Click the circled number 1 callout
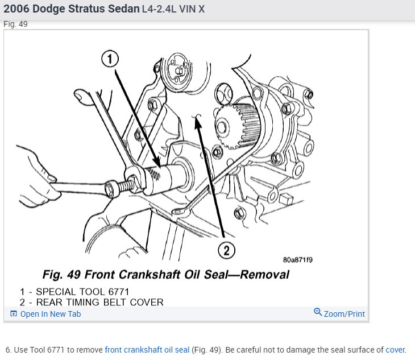click(110, 59)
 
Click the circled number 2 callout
click(227, 250)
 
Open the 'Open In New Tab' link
click(51, 314)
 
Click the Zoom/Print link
click(345, 314)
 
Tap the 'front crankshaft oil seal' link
click(147, 350)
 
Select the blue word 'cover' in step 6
click(395, 350)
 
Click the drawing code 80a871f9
click(298, 260)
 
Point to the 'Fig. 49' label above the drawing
click(15, 24)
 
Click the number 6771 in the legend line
click(119, 292)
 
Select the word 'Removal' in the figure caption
click(265, 275)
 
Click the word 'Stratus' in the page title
click(86, 9)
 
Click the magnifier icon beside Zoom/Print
click(318, 312)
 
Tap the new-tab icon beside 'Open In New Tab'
click(14, 314)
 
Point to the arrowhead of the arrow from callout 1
click(157, 162)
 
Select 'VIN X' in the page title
click(192, 9)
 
